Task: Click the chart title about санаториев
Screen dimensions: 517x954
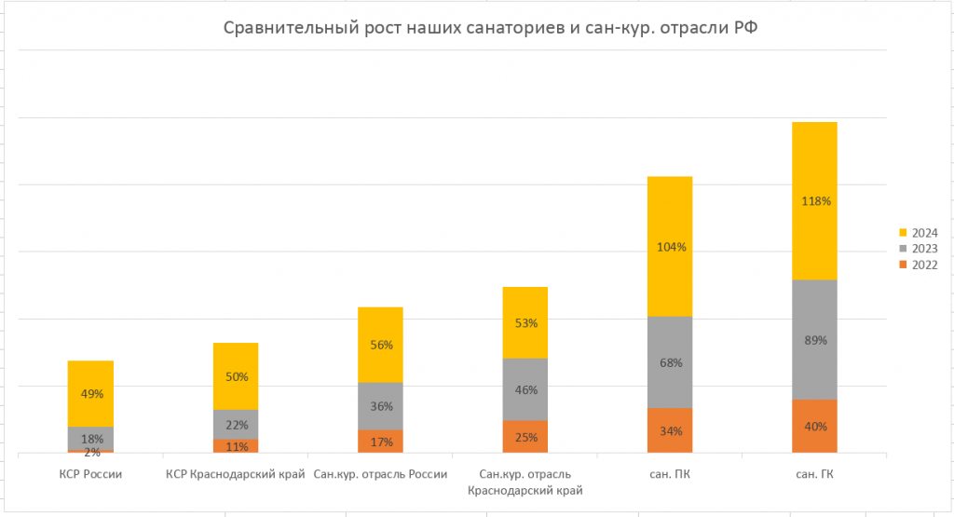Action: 490,30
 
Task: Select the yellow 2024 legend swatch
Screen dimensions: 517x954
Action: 902,232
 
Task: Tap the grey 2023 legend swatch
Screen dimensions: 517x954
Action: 902,249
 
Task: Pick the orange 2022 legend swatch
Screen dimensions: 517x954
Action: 902,265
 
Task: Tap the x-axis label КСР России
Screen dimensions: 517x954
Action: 90,474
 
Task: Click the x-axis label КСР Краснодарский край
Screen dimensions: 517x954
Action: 236,474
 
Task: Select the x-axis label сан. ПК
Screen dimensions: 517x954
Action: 670,474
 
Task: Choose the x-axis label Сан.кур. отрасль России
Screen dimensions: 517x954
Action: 380,474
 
